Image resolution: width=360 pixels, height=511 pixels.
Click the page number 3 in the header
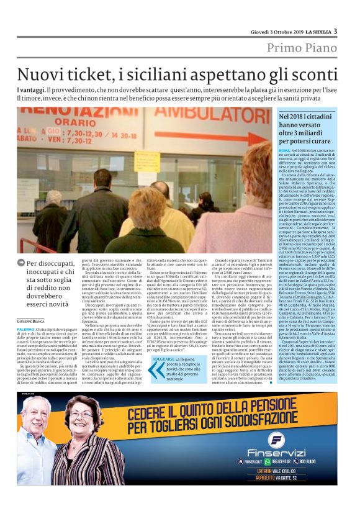pos(335,32)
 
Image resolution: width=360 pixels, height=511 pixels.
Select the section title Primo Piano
pos(302,48)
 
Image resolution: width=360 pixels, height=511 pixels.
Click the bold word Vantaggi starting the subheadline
pos(30,91)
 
